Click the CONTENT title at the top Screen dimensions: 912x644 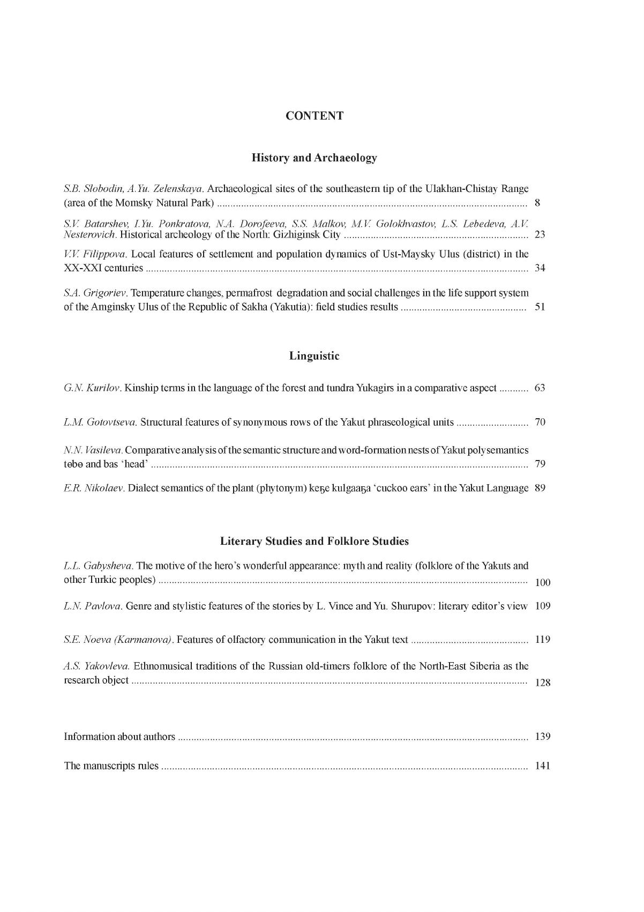click(314, 116)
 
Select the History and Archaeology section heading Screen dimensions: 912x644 click(314, 158)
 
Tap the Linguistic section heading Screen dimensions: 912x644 click(314, 356)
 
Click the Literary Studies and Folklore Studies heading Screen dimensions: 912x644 click(314, 541)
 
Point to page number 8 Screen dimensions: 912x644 click(537, 203)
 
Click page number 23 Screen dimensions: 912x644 click(540, 235)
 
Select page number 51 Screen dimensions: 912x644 click(540, 307)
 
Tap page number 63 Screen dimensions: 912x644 click(540, 388)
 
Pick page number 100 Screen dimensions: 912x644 click(543, 583)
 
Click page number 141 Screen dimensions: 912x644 click(542, 766)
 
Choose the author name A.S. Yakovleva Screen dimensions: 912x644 click(96, 666)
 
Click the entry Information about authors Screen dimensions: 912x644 click(119, 737)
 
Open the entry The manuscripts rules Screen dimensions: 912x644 click(111, 766)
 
